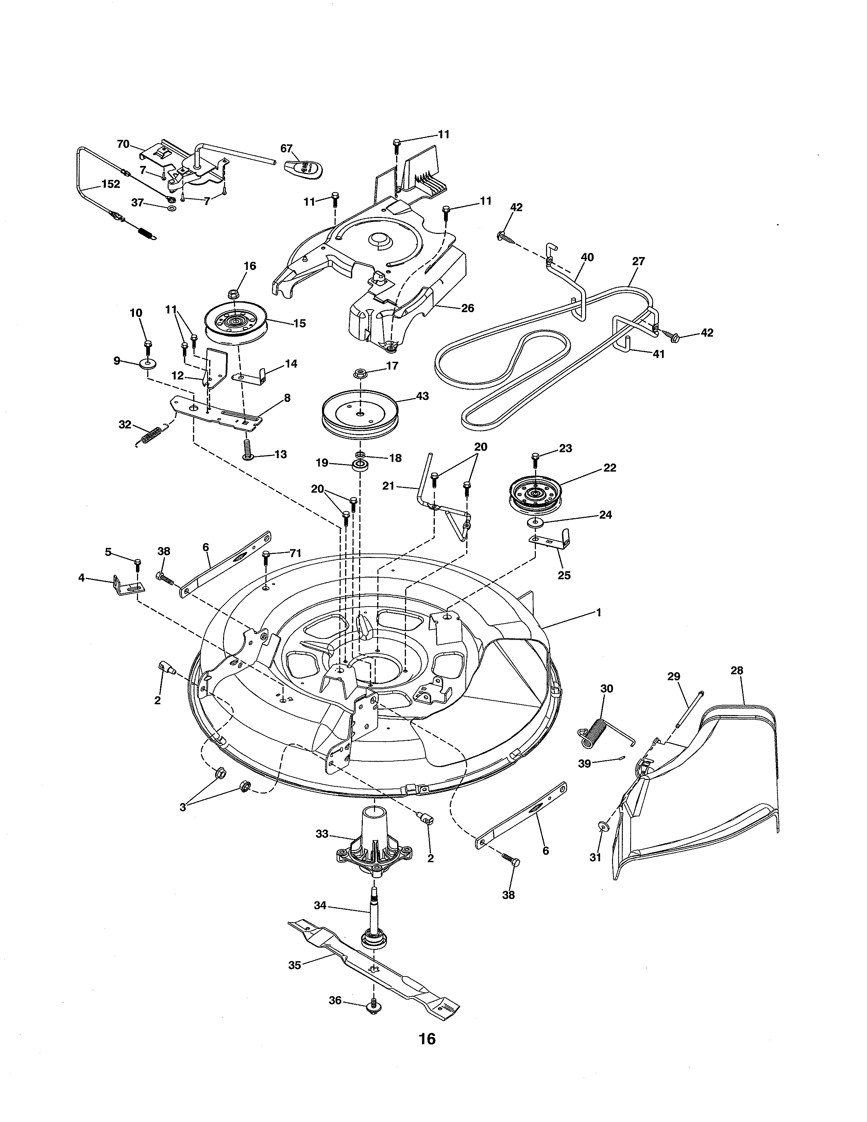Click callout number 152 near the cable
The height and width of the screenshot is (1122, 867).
click(111, 184)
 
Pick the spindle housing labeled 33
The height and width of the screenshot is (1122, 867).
click(374, 843)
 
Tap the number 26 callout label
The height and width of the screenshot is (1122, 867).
click(468, 308)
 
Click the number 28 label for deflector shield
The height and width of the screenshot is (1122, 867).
click(736, 670)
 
